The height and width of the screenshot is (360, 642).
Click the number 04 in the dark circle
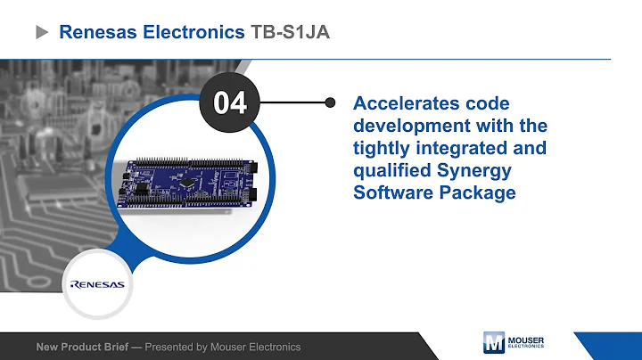(x=229, y=102)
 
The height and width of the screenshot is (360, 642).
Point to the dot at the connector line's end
(x=331, y=102)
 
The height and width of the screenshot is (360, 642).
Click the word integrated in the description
(x=463, y=147)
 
